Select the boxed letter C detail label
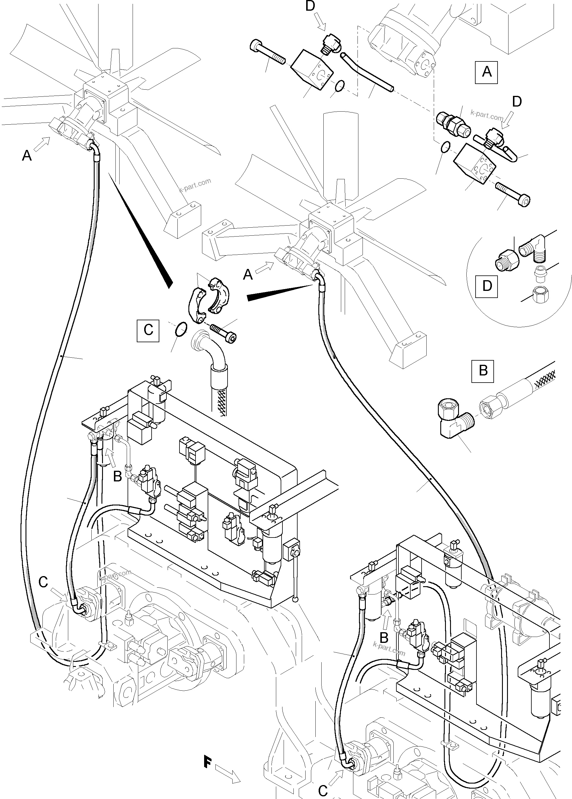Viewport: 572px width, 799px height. tap(148, 330)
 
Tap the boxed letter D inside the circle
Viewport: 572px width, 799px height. tap(487, 286)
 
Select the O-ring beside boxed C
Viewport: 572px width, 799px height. tap(180, 330)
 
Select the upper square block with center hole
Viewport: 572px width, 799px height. tap(312, 69)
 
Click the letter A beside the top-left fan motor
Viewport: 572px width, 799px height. tap(27, 155)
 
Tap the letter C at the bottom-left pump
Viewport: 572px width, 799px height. tap(43, 582)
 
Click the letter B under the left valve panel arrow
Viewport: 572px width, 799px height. tap(117, 477)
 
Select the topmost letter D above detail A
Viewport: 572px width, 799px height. tap(310, 6)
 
